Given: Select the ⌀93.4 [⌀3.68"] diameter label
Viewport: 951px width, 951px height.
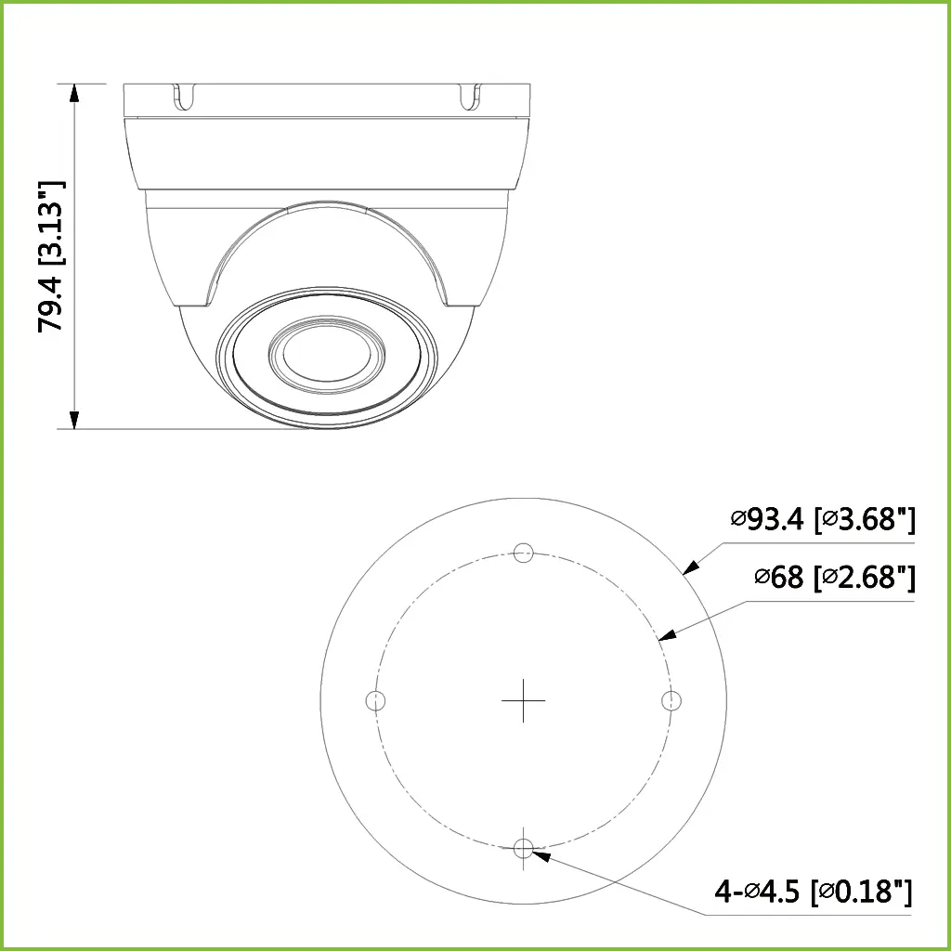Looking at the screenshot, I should [x=822, y=519].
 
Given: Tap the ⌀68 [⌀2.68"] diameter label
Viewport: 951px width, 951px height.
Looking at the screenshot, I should [x=834, y=578].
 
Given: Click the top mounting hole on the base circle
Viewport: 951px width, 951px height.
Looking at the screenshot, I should [x=523, y=552].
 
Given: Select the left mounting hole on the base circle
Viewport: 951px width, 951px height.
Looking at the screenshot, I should [x=375, y=699].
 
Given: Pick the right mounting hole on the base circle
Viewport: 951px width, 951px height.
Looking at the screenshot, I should [x=671, y=699].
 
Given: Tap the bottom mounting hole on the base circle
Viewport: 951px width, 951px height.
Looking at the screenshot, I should [x=523, y=847].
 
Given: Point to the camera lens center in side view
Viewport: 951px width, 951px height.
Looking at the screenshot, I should [x=325, y=353].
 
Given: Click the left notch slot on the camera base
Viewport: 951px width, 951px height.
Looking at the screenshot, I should [x=185, y=95].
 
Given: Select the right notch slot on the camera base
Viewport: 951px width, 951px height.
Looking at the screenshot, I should [x=470, y=95].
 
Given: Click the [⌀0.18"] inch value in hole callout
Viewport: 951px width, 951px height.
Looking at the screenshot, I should [x=861, y=892].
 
